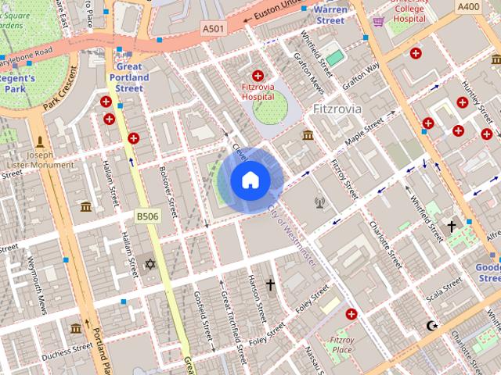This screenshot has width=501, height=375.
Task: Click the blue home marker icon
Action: (250, 180)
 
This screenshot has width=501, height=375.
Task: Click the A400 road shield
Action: (469, 7)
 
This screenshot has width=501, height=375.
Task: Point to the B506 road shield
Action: (147, 216)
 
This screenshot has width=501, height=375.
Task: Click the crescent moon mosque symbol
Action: (430, 325)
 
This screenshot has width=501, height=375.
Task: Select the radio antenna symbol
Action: (319, 203)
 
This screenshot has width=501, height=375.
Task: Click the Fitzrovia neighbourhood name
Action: (337, 109)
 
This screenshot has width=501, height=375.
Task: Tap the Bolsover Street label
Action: (165, 180)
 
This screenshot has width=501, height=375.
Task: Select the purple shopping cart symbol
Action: (378, 21)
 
